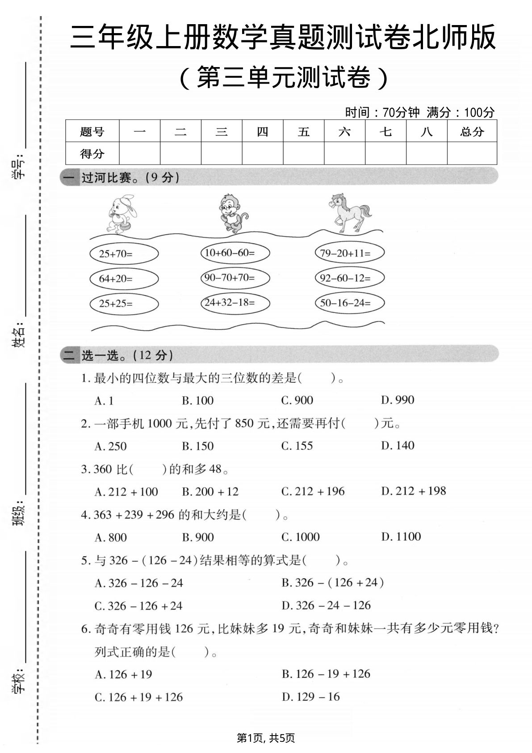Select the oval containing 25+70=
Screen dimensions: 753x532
coord(124,254)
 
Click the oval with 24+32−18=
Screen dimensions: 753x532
coord(235,303)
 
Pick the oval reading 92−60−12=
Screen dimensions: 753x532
coord(349,278)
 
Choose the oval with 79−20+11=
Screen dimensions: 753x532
coord(349,253)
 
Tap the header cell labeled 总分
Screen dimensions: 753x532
coord(472,131)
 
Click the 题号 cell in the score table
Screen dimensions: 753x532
coord(92,131)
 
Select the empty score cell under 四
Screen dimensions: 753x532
coord(263,153)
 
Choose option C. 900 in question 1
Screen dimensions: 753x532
coord(297,400)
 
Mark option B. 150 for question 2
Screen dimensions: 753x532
coord(197,446)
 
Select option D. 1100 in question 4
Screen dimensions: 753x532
coord(401,537)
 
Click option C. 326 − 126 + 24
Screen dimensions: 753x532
coord(138,606)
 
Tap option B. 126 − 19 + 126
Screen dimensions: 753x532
coord(326,674)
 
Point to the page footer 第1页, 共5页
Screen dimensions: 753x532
coord(266,738)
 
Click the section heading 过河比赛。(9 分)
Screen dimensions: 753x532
coord(130,178)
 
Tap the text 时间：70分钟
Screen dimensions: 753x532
coord(382,112)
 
